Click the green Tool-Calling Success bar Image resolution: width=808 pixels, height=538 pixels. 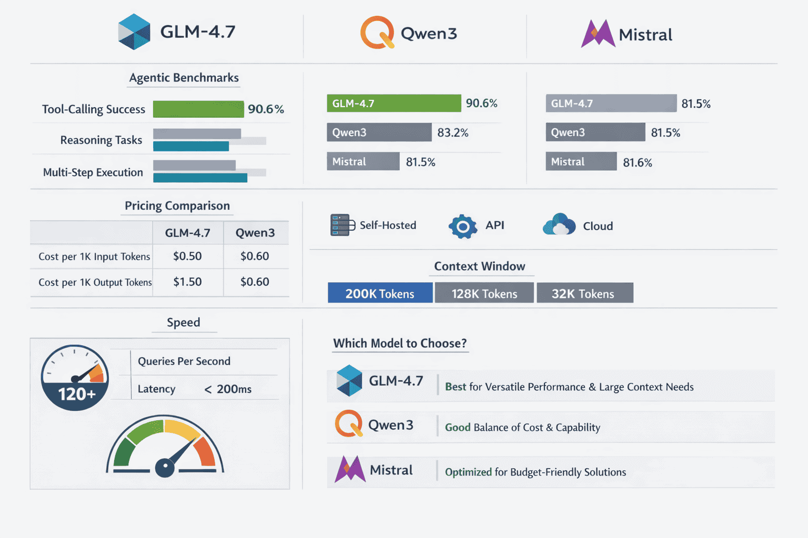pyautogui.click(x=198, y=109)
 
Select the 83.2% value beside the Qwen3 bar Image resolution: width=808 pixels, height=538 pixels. pyautogui.click(x=452, y=133)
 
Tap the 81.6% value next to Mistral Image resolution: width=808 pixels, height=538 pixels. pyautogui.click(x=637, y=163)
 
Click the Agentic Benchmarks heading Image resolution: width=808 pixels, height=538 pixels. pyautogui.click(x=184, y=78)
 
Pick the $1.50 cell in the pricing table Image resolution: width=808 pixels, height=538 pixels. pyautogui.click(x=187, y=282)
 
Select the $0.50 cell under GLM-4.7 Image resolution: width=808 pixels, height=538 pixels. pyautogui.click(x=187, y=256)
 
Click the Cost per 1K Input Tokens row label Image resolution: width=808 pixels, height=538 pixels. pyautogui.click(x=94, y=257)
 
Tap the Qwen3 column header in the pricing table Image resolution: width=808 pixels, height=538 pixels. pyautogui.click(x=255, y=233)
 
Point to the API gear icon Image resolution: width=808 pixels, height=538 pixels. pyautogui.click(x=463, y=226)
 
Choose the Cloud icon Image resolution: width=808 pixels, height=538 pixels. pyautogui.click(x=559, y=225)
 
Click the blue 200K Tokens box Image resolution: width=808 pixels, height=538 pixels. pyautogui.click(x=380, y=293)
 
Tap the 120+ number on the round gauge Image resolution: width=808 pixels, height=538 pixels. pyautogui.click(x=77, y=394)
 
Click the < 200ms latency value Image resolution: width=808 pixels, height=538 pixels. pyautogui.click(x=228, y=389)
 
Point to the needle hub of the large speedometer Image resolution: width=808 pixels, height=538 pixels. pyautogui.click(x=165, y=467)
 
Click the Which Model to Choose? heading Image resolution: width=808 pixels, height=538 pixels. pyautogui.click(x=400, y=344)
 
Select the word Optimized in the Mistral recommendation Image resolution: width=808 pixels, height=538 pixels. pyautogui.click(x=468, y=472)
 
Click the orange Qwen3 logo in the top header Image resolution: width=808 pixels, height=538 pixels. pyautogui.click(x=377, y=33)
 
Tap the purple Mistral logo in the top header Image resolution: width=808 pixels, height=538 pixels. pyautogui.click(x=598, y=34)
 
